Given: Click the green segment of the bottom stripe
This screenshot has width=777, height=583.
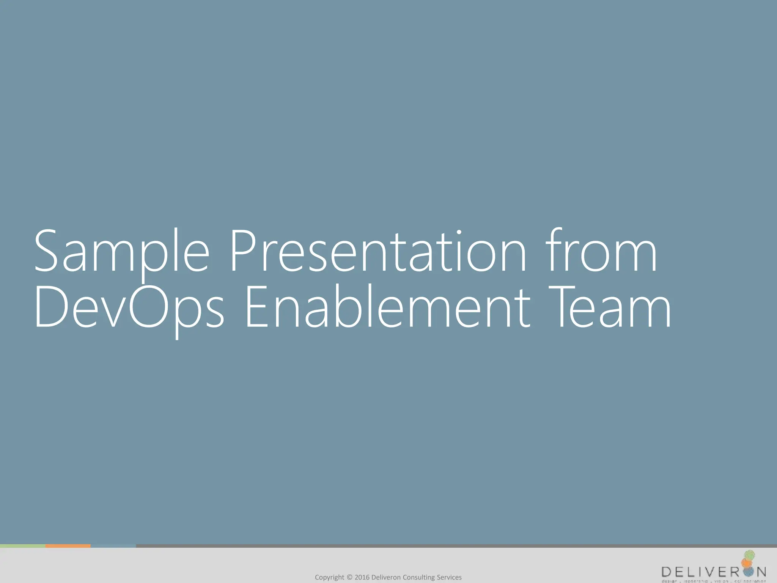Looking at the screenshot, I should click(23, 546).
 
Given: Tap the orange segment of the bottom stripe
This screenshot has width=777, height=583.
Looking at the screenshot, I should click(68, 546).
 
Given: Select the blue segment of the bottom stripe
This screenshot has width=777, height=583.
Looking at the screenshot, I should click(113, 546).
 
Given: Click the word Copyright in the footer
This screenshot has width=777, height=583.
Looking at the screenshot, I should click(329, 577).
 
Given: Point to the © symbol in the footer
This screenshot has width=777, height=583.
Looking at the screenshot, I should click(349, 577).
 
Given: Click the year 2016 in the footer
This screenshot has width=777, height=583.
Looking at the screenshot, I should click(362, 577).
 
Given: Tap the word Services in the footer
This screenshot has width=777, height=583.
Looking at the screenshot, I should click(449, 577).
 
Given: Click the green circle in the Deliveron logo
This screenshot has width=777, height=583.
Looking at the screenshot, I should click(750, 555).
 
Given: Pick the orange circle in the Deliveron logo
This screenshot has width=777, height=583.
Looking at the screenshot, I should click(746, 563).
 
